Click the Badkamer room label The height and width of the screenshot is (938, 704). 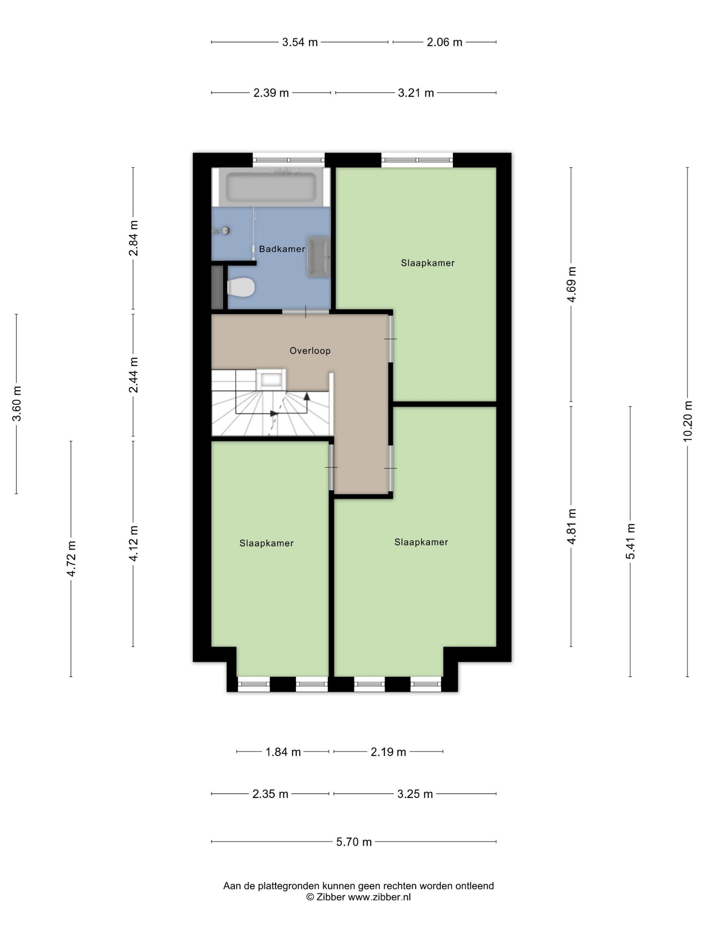click(x=282, y=249)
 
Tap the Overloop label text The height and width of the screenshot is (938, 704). click(x=310, y=351)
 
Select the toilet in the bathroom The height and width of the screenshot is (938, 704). click(x=241, y=287)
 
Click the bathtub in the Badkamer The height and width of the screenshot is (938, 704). click(x=271, y=187)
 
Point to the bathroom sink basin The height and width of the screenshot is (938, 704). click(x=318, y=257)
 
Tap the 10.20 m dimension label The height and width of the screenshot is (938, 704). click(x=688, y=421)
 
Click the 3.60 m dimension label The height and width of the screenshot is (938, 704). click(x=16, y=404)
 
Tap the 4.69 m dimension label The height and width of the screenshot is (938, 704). click(x=571, y=284)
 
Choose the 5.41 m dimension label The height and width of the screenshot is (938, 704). click(x=630, y=541)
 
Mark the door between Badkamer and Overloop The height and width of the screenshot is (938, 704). click(x=305, y=312)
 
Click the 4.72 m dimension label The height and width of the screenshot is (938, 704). click(x=71, y=558)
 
